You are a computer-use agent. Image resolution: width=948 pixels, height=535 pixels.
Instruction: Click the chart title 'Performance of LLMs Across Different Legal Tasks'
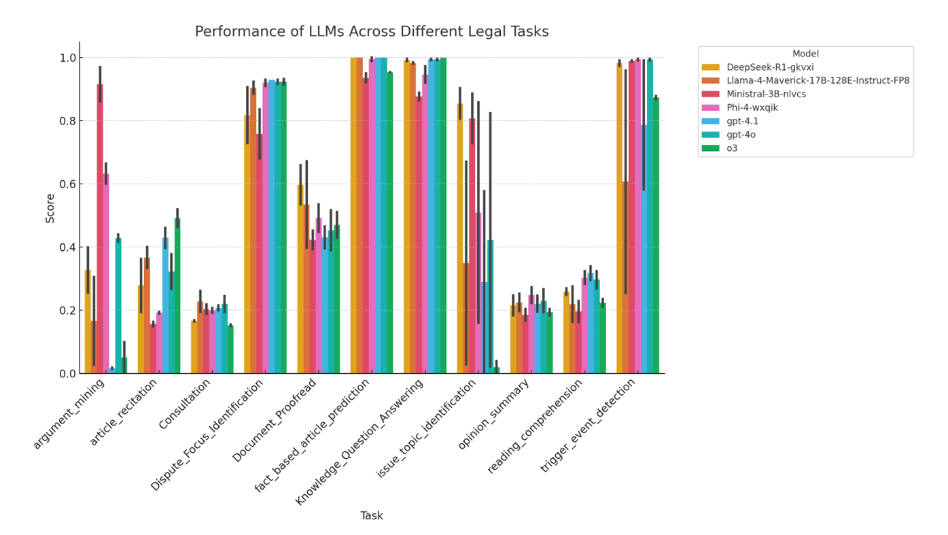pos(371,32)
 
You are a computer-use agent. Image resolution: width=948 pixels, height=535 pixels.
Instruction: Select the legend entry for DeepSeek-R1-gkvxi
pos(769,67)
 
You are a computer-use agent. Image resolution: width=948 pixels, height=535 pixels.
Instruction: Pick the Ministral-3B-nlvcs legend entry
pos(765,94)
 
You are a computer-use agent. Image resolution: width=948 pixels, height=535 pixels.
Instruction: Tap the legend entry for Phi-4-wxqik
pos(752,108)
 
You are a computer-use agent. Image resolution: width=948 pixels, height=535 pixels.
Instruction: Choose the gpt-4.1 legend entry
pos(741,122)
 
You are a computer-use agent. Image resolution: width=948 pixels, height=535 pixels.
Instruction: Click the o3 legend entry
pos(731,149)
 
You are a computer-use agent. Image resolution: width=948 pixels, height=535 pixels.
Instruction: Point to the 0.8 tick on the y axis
pos(67,121)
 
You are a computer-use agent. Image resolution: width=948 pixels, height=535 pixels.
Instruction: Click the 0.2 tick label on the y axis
pos(67,311)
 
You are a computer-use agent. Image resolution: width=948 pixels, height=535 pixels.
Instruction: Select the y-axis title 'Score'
pos(50,208)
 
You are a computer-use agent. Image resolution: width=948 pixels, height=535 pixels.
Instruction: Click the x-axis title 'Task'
pos(371,516)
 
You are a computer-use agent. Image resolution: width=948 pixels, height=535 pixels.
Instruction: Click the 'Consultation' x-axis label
pos(186,404)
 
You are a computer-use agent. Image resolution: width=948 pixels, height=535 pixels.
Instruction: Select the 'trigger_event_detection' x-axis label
pos(589,426)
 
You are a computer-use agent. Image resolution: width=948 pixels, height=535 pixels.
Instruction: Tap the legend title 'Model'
pos(805,54)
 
